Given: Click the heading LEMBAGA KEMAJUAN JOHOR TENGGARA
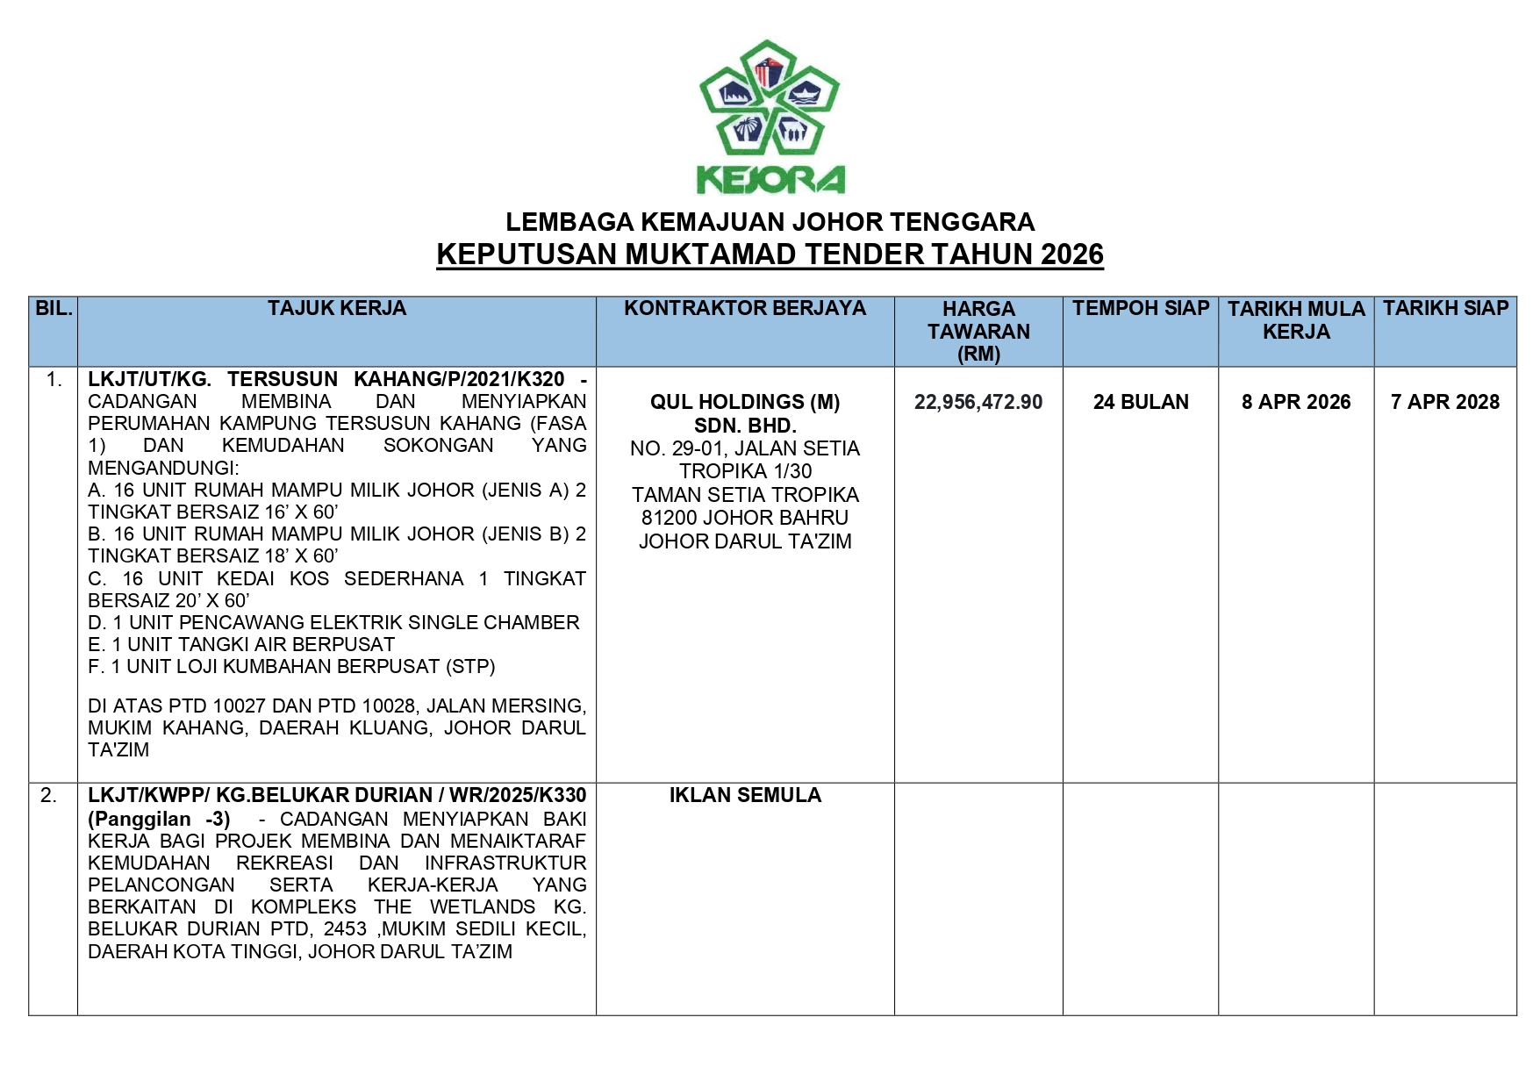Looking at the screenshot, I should (770, 222).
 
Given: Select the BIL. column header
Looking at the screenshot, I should (54, 309).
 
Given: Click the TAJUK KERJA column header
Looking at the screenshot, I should (337, 309).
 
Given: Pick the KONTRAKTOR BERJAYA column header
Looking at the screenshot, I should (745, 309).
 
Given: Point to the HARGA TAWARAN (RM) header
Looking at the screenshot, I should (978, 332).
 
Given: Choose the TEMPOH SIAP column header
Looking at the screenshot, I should (1140, 309).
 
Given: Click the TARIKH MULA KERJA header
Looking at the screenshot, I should (1296, 320).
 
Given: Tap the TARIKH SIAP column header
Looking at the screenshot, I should (1445, 309).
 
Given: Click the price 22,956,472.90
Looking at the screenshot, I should (978, 402).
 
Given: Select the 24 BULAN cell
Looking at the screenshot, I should (1141, 402).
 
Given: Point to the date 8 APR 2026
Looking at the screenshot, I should (1296, 402).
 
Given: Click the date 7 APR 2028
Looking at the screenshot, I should (1445, 402).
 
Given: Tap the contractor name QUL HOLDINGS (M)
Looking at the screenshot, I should (745, 402).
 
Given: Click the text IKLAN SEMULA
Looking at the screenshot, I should (745, 796).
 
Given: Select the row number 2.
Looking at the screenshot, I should (49, 796).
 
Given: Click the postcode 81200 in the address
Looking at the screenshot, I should (670, 518).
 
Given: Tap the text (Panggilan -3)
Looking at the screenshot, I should (159, 819).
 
